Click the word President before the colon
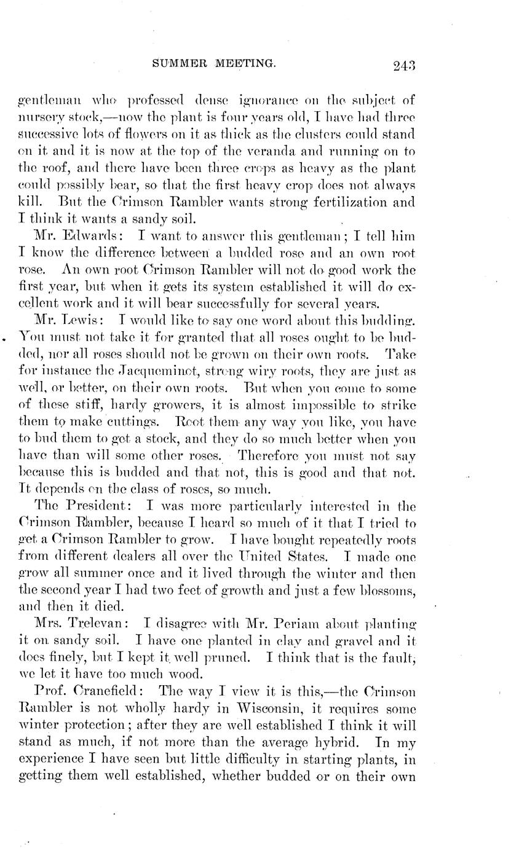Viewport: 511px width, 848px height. (x=98, y=506)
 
